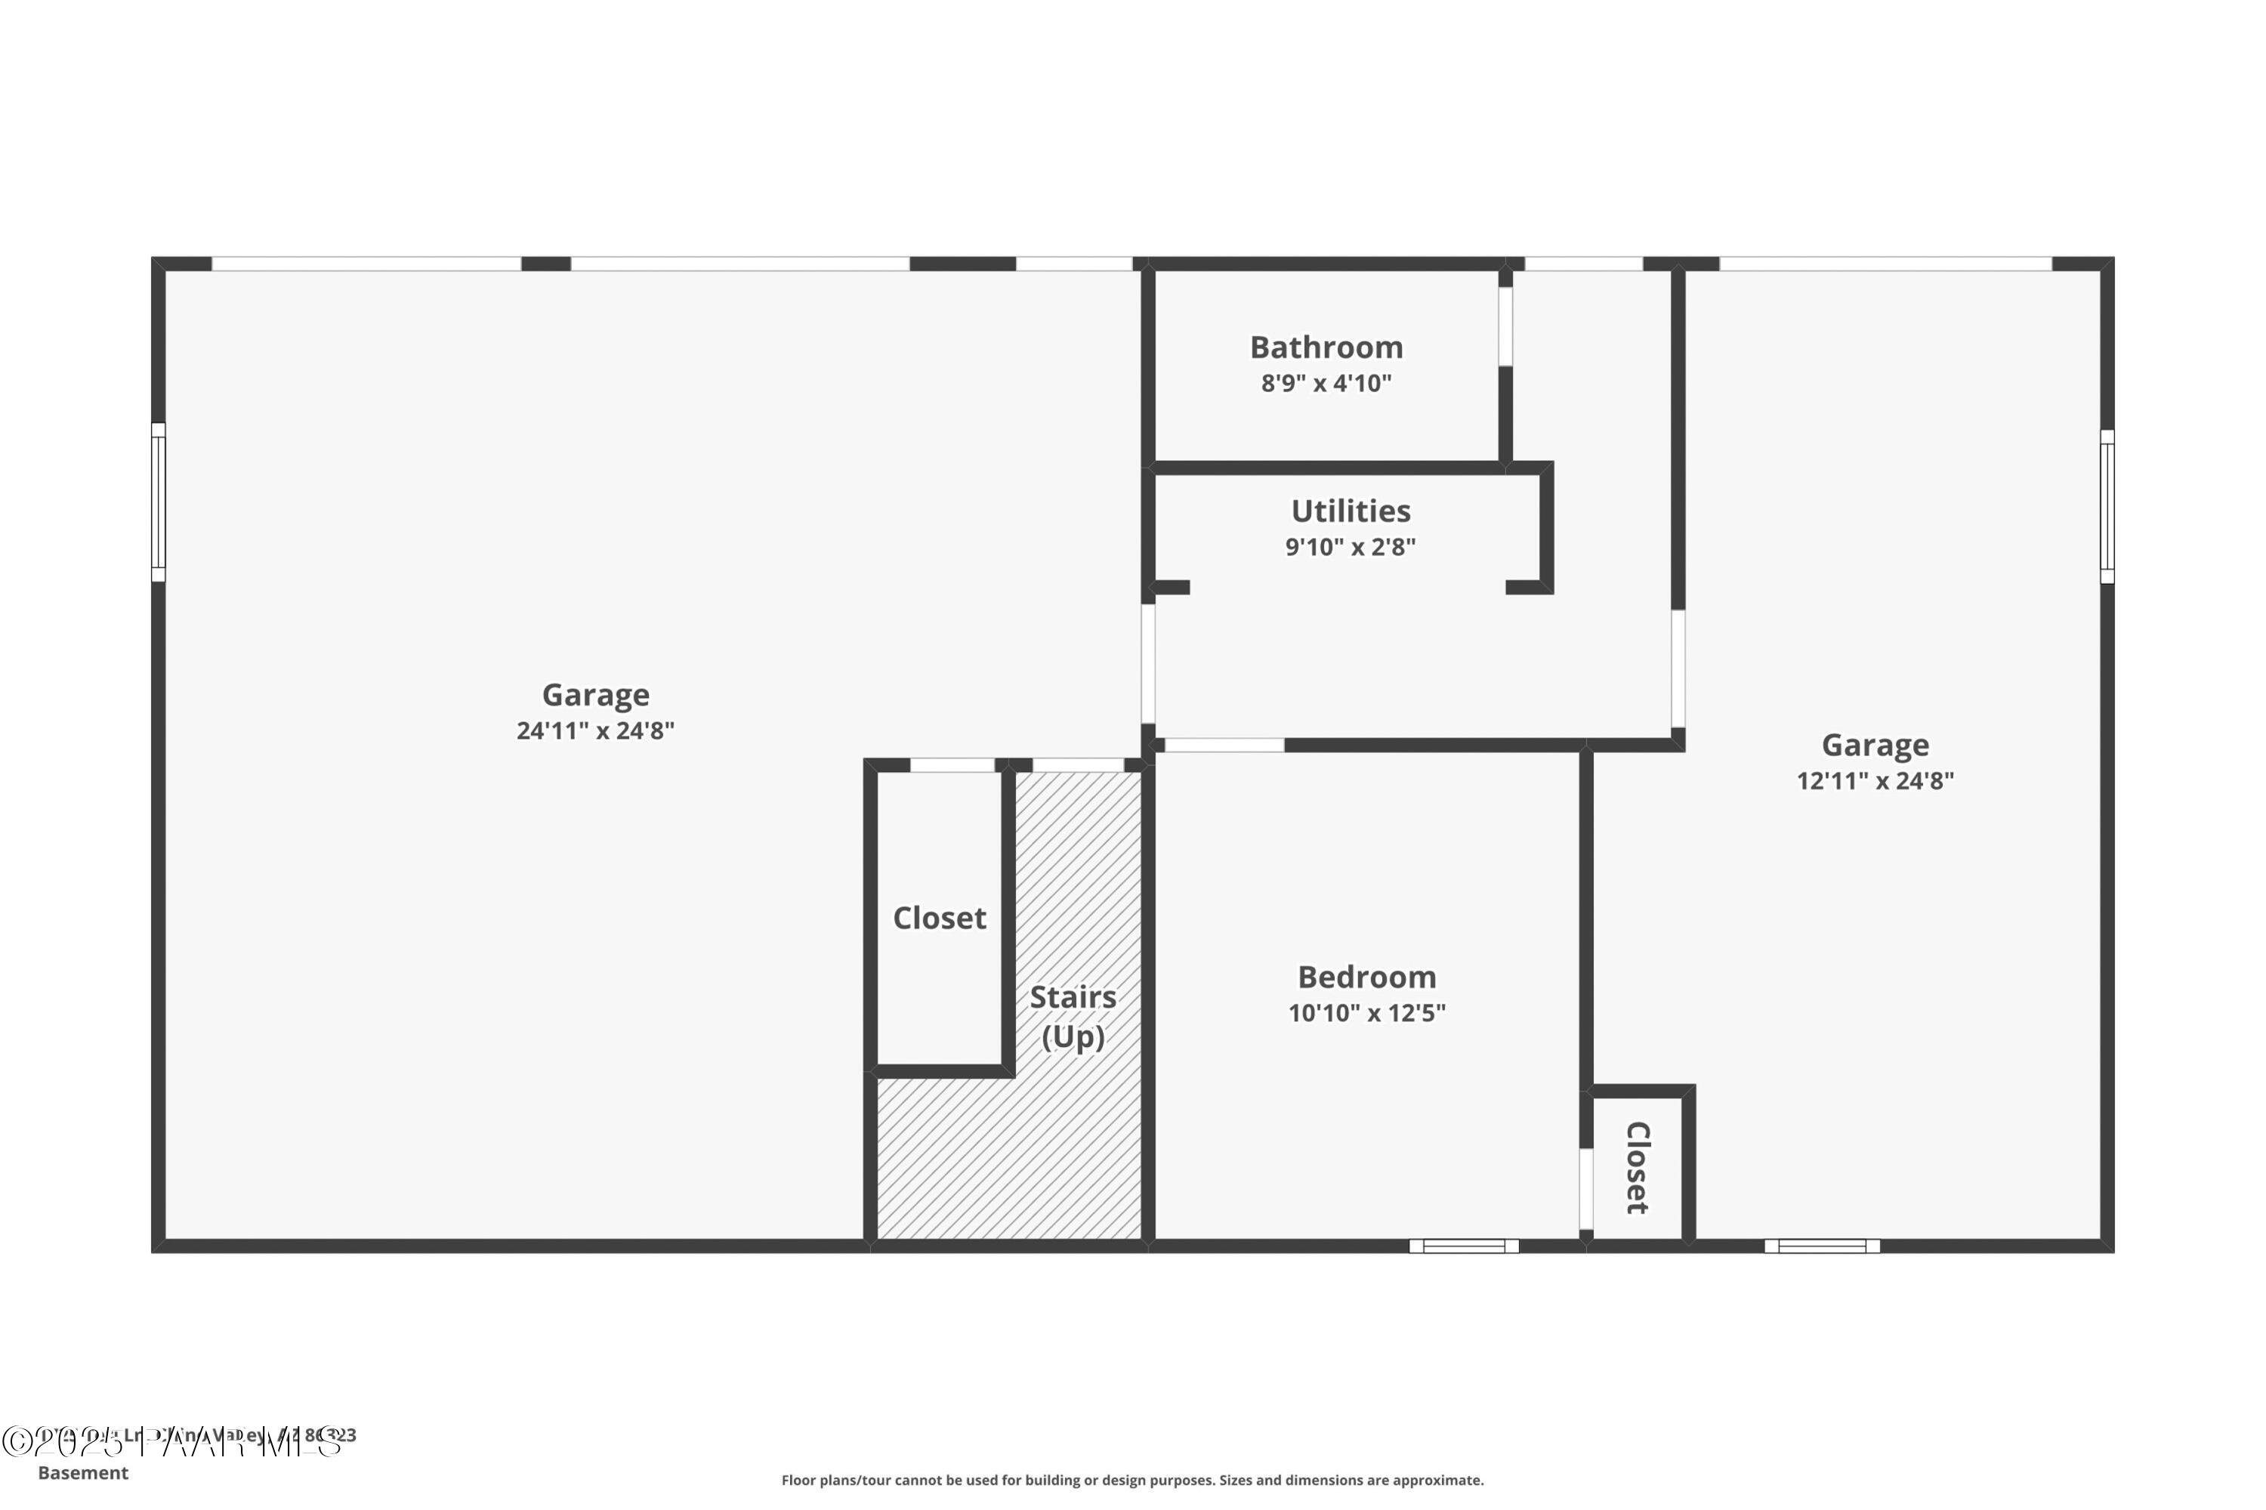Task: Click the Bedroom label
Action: pyautogui.click(x=1366, y=977)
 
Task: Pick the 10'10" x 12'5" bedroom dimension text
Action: pyautogui.click(x=1366, y=1013)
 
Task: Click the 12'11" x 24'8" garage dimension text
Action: pyautogui.click(x=1873, y=781)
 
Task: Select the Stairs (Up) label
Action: pyautogui.click(x=1072, y=1016)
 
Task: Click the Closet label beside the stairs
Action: pyautogui.click(x=938, y=918)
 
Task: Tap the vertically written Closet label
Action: pyautogui.click(x=1636, y=1167)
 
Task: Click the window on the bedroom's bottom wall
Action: pyautogui.click(x=1463, y=1246)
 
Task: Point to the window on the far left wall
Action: pyautogui.click(x=158, y=502)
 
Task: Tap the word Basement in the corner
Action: pyautogui.click(x=83, y=1472)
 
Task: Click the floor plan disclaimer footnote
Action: pyautogui.click(x=1131, y=1480)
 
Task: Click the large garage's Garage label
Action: pyautogui.click(x=594, y=694)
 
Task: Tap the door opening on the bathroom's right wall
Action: pyautogui.click(x=1505, y=326)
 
